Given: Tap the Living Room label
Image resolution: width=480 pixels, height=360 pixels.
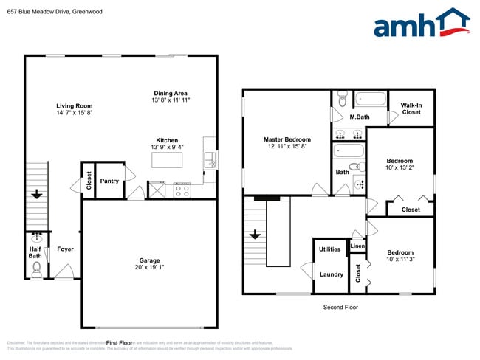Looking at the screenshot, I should (x=74, y=105).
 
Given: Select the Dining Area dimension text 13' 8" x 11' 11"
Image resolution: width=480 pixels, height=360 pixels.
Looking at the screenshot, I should (x=170, y=100).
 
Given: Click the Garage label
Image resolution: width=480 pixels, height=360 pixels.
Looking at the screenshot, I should (x=149, y=260).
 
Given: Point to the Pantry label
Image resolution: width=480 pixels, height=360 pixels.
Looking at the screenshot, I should (x=109, y=181).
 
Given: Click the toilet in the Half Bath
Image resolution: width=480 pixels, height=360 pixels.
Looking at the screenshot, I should (x=36, y=269).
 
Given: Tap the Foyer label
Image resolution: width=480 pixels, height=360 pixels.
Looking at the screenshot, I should (x=65, y=249).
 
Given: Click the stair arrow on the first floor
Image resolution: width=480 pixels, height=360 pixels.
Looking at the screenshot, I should (x=36, y=195).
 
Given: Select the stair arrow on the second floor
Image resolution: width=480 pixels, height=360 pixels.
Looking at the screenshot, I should (x=254, y=235).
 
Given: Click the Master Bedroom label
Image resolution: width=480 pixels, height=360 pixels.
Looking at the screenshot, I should (x=287, y=139).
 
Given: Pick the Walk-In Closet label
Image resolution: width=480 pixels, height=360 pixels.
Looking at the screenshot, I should (x=411, y=108).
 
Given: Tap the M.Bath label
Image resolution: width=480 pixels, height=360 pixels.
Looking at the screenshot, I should (x=360, y=117).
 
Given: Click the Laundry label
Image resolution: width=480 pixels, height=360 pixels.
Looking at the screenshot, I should (x=331, y=274).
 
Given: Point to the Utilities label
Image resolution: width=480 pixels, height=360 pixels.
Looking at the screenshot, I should (x=329, y=249).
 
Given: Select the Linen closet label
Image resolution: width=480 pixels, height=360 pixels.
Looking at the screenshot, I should (x=357, y=246).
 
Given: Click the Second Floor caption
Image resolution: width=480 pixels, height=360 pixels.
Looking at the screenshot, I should (x=340, y=307).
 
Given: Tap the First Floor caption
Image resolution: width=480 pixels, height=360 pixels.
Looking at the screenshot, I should (x=118, y=343).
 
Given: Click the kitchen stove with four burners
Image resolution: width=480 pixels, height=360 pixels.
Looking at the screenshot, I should (x=182, y=190).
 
